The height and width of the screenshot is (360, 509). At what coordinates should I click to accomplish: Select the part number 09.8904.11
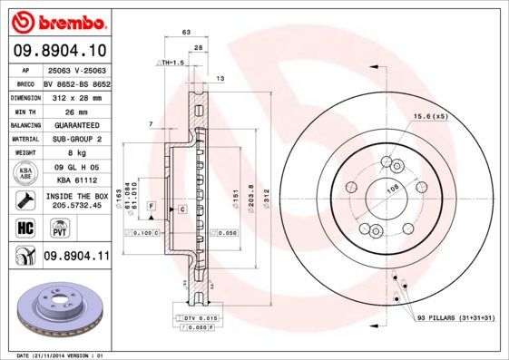pyautogui.click(x=76, y=257)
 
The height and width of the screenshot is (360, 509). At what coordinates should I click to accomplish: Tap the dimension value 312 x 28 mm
pyautogui.click(x=76, y=95)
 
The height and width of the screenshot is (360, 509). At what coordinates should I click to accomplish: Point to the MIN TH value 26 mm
pyautogui.click(x=76, y=110)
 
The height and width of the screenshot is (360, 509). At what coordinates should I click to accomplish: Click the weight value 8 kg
pyautogui.click(x=76, y=153)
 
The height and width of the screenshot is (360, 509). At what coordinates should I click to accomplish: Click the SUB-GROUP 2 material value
pyautogui.click(x=76, y=139)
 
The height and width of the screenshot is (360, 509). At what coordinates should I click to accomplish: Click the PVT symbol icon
pyautogui.click(x=52, y=229)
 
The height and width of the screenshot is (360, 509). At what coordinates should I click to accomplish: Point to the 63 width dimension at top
pyautogui.click(x=187, y=32)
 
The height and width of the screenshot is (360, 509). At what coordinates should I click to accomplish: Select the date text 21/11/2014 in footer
pyautogui.click(x=59, y=355)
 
